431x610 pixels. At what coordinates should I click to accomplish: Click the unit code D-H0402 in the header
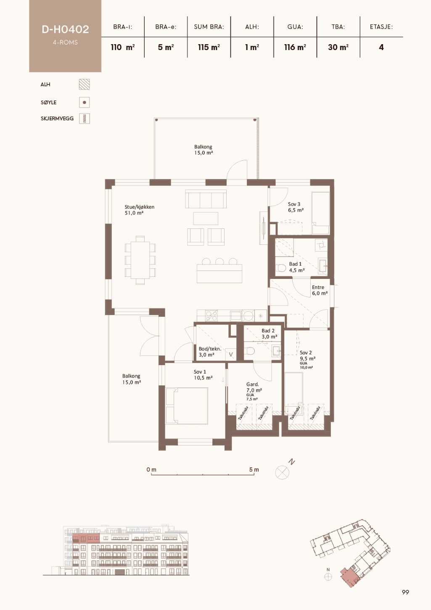pos(65,29)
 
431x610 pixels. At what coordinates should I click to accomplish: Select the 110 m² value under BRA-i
pos(122,48)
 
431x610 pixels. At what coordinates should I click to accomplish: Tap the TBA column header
pos(338,27)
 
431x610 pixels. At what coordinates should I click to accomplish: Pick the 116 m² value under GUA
pos(295,48)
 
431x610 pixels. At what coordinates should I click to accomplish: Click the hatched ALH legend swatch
pos(84,85)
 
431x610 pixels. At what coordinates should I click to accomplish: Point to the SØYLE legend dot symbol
pos(84,102)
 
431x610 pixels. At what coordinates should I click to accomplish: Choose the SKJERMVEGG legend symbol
pos(85,119)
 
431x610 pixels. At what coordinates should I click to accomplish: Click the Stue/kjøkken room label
pos(140,210)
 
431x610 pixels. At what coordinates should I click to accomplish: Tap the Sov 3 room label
pos(296,207)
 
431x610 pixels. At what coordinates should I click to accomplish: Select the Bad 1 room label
pos(297,267)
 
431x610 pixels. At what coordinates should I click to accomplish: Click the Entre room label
pos(320,290)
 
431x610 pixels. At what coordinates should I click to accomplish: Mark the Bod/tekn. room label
pos(210,352)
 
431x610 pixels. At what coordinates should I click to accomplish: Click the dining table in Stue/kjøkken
pos(140,260)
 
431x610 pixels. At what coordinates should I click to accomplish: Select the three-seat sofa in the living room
pos(206,199)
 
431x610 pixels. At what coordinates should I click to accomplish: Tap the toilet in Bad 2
pos(249,351)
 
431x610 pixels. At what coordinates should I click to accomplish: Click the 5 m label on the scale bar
pos(254,469)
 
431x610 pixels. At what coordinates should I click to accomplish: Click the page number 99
pos(405,592)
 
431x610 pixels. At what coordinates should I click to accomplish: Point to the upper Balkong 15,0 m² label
pos(204,150)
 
